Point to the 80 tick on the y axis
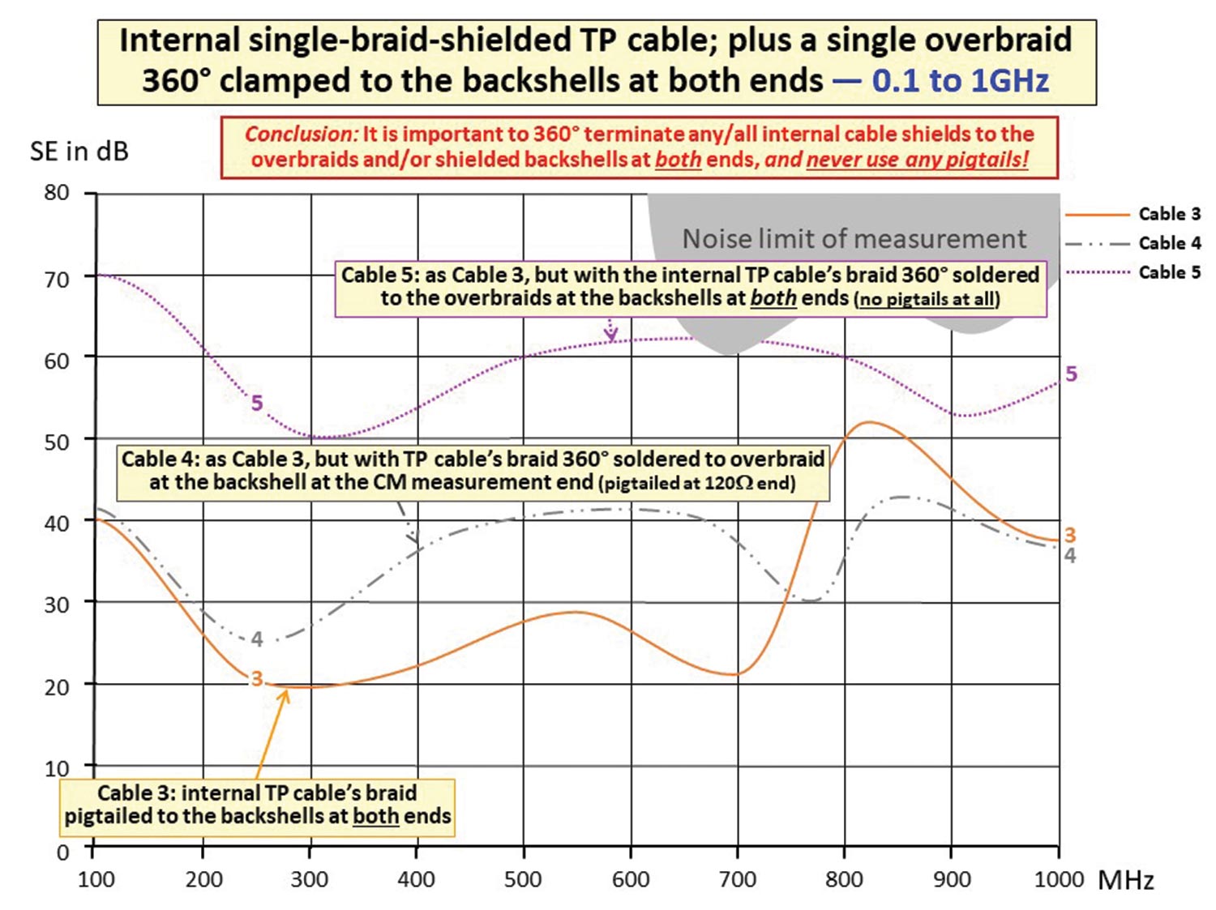coord(57,193)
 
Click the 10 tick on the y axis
coord(57,767)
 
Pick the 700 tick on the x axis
coord(738,879)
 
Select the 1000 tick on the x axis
coord(1059,879)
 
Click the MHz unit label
coord(1126,880)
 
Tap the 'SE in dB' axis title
coord(79,152)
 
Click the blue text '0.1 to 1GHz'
coord(961,81)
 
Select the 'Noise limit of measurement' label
coord(854,239)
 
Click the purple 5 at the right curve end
coord(1071,374)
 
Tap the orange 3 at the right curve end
coord(1070,535)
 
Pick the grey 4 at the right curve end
coord(1070,556)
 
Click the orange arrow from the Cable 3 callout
coord(272,733)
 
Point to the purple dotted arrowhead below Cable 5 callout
coord(611,333)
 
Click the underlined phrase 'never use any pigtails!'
coord(917,159)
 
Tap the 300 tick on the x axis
coord(310,879)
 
